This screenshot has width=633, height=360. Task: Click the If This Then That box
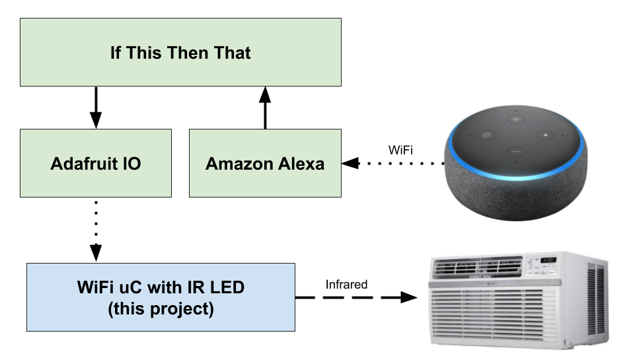pos(180,52)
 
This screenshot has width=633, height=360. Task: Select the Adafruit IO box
pos(96,163)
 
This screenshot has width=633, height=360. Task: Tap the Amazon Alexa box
pos(265,163)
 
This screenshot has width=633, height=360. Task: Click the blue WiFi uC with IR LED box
pos(161,297)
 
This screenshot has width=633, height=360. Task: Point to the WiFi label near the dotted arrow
pos(401,150)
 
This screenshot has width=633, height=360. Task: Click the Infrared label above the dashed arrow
pos(346,285)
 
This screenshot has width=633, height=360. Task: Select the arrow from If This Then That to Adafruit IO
pos(96,107)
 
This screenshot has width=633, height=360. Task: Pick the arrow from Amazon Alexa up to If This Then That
pos(265,107)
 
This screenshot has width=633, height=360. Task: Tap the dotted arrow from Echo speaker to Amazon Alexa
pos(393,163)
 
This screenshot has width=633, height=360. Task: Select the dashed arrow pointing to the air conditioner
pos(357,298)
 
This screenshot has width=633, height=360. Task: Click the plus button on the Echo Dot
pos(515,120)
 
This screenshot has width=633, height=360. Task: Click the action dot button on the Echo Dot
pos(546,135)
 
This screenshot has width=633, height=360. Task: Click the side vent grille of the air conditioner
pos(596,301)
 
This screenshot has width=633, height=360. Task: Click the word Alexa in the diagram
pos(301,164)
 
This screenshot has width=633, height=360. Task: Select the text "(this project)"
pos(161,308)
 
